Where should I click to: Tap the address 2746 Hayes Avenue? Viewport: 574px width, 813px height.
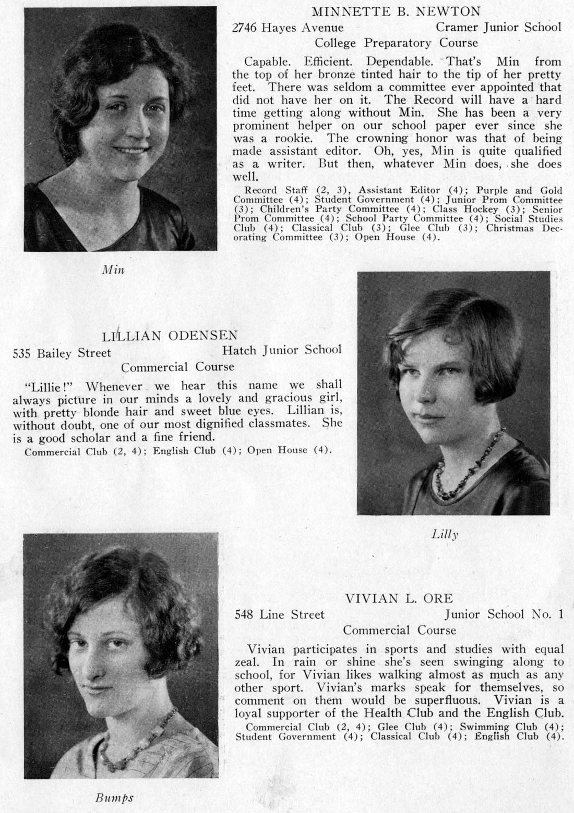288,28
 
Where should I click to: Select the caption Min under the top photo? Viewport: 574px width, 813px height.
113,270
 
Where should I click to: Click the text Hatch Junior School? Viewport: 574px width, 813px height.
282,350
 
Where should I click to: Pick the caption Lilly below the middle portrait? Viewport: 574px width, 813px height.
445,534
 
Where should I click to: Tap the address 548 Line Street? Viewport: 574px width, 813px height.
280,614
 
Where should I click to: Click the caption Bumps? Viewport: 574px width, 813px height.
114,797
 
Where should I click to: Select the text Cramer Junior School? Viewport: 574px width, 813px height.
498,27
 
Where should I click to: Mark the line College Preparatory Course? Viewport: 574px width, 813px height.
396,43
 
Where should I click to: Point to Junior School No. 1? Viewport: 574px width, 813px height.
504,614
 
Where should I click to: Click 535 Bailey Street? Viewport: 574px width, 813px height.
62,353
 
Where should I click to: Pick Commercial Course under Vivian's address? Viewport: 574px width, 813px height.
399,630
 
